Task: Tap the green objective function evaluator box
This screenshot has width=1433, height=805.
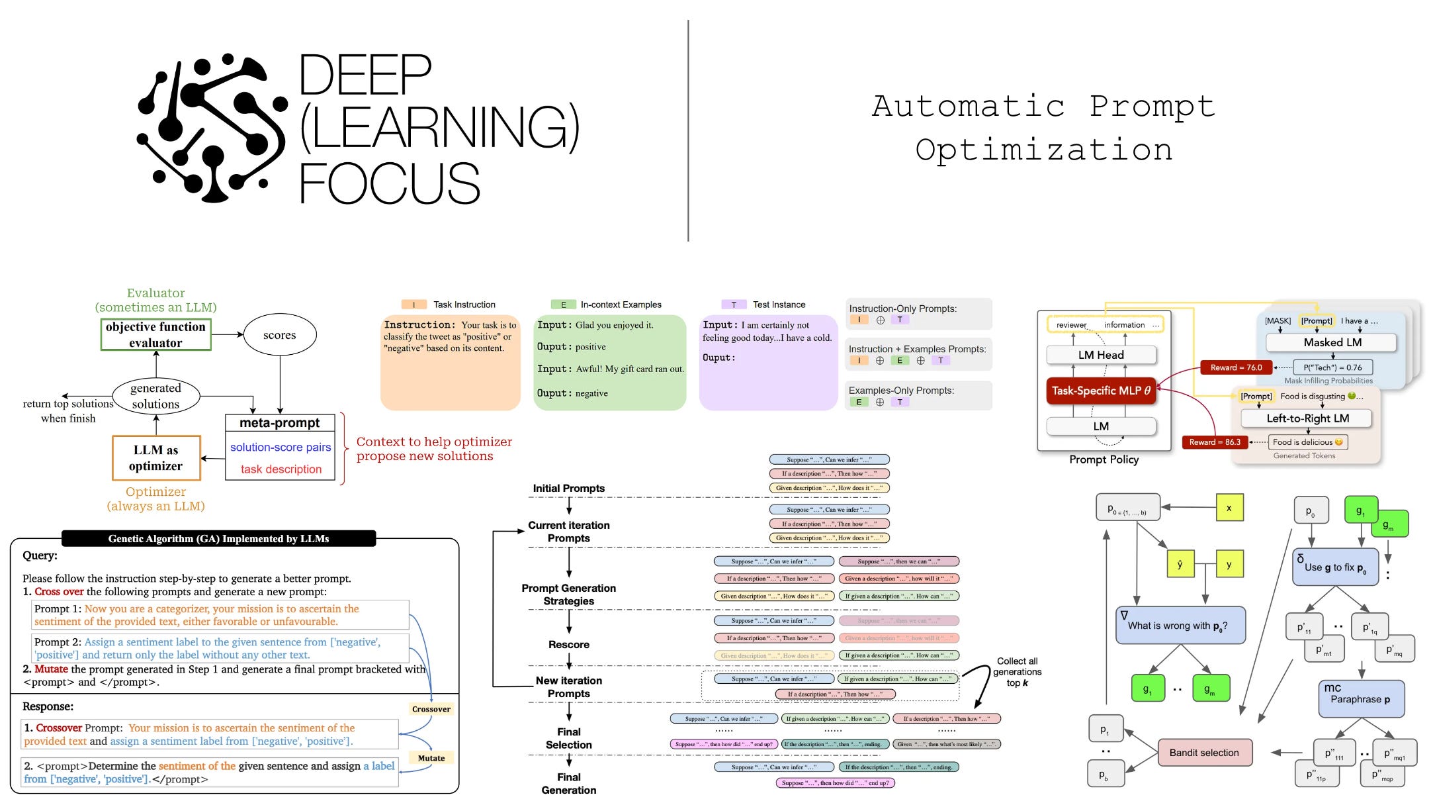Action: [x=155, y=334]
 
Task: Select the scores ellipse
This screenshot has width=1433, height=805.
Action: [x=280, y=335]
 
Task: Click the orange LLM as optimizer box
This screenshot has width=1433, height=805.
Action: [x=156, y=457]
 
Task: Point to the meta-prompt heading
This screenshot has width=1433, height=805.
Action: [x=279, y=422]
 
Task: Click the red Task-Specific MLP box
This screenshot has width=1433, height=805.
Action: [x=1101, y=391]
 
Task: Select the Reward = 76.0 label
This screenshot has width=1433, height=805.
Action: [x=1236, y=367]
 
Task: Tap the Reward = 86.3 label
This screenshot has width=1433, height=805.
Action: [x=1215, y=442]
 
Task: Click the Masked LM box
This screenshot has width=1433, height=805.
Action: [x=1332, y=342]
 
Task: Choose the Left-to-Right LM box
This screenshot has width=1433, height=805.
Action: [x=1307, y=418]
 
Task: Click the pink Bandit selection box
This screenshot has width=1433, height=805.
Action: [x=1204, y=753]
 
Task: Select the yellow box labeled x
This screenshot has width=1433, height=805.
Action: [x=1229, y=508]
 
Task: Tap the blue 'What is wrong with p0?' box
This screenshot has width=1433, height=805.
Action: [x=1180, y=626]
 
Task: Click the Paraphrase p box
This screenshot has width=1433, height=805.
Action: [x=1360, y=699]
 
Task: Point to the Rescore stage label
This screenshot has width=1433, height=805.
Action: [x=568, y=644]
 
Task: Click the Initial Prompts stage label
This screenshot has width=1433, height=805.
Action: [x=568, y=488]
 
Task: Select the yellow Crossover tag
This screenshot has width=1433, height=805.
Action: [x=431, y=709]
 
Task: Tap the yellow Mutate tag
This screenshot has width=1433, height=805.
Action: [x=431, y=758]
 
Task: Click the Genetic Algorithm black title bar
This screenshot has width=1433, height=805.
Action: [x=218, y=538]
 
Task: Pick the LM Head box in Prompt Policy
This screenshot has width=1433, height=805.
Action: [x=1101, y=355]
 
